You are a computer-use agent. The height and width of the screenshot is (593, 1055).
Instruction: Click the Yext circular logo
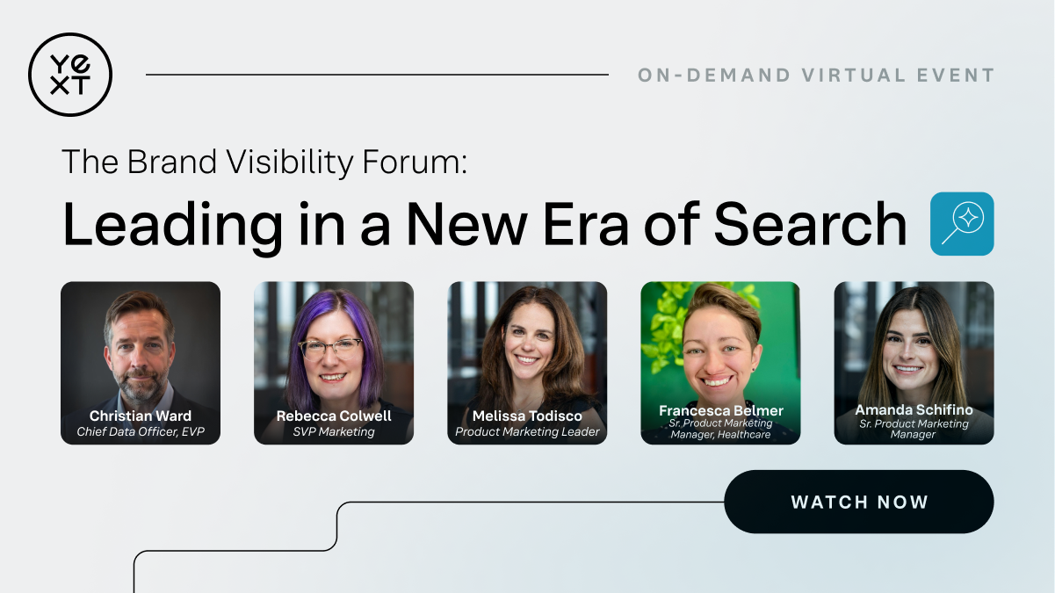click(x=70, y=75)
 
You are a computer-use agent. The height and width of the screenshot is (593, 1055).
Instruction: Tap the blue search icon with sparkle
click(x=962, y=224)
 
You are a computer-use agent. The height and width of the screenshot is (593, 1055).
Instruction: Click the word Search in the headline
click(x=810, y=225)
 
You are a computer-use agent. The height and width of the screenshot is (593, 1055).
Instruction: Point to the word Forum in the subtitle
click(x=415, y=162)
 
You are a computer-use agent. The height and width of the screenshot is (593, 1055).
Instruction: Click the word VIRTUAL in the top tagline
click(x=854, y=76)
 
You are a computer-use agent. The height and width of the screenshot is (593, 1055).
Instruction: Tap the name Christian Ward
click(x=141, y=416)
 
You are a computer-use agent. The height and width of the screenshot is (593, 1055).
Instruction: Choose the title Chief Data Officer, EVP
click(x=141, y=432)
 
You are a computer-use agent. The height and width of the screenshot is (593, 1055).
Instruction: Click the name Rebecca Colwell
click(x=334, y=416)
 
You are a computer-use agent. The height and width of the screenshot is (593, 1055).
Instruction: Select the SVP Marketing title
click(x=334, y=432)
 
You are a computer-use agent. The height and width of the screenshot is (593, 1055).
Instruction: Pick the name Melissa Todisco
click(x=527, y=416)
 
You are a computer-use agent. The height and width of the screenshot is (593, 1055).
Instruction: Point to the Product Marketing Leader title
click(x=527, y=432)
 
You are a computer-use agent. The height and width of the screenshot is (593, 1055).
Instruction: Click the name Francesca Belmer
click(x=720, y=411)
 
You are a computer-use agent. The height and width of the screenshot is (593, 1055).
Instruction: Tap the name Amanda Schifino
click(x=914, y=409)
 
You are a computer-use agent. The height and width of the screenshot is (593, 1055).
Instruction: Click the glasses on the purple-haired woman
click(x=331, y=349)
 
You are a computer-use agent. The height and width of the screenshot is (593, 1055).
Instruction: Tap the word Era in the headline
click(x=586, y=225)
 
